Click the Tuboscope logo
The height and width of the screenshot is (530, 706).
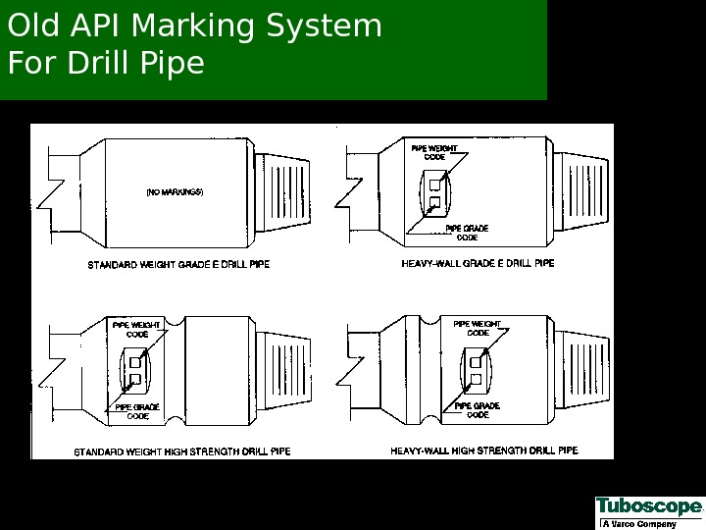(648, 506)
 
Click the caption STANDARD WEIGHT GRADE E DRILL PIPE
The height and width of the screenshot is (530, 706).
(178, 265)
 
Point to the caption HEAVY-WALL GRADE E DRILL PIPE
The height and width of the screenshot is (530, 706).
(478, 264)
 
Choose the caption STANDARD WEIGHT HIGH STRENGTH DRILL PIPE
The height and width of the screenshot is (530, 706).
(182, 452)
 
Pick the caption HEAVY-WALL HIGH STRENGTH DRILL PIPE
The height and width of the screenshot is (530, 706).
(484, 451)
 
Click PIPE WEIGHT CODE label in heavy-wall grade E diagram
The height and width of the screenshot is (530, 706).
(433, 152)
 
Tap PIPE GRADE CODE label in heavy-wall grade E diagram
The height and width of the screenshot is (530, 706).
(467, 233)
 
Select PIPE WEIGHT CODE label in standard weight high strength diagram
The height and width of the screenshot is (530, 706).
(136, 329)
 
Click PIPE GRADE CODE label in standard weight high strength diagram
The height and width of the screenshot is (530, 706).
(137, 411)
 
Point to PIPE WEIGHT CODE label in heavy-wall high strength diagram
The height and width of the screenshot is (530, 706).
(478, 329)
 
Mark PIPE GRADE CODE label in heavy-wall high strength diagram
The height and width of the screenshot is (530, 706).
(478, 410)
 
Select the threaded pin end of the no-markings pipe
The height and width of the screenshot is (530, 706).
(284, 191)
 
